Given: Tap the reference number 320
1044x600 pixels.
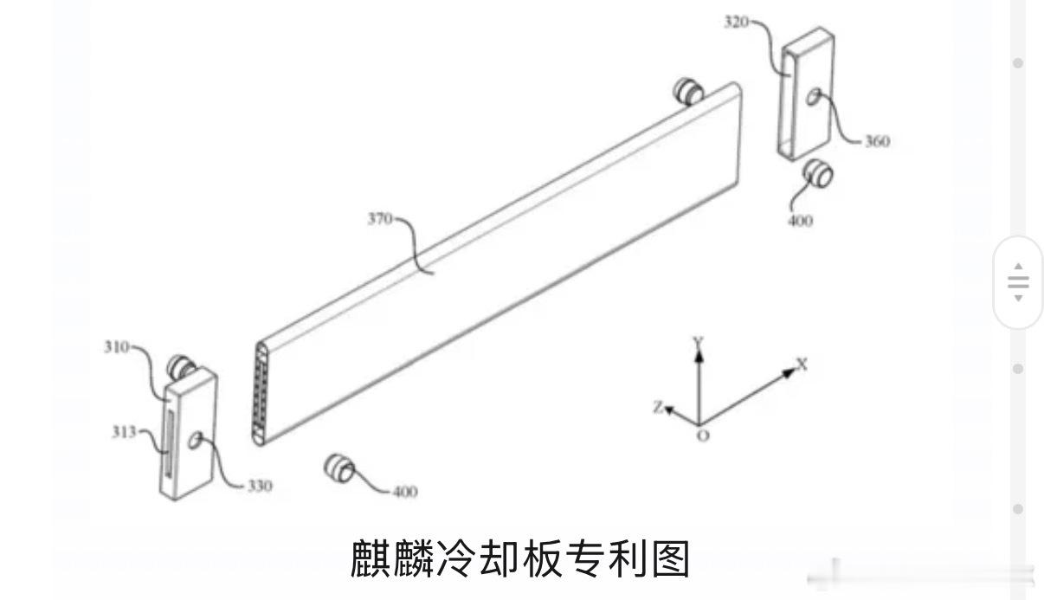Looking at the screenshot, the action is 737,22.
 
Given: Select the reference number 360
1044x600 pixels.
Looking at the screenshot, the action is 876,141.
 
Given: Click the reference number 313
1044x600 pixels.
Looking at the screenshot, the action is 123,432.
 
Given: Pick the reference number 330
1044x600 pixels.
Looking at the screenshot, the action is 259,486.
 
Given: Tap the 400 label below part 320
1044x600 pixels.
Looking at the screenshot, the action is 801,221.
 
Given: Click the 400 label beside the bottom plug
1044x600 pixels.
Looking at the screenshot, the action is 403,492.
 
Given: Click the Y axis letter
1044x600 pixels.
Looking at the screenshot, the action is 697,343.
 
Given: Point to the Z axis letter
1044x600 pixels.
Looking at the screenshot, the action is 659,407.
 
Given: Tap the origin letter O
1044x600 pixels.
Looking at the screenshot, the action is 702,435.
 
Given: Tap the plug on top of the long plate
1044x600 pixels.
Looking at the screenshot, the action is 690,91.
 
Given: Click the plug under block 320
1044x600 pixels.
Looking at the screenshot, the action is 817,174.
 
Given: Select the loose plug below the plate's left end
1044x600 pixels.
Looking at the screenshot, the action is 338,468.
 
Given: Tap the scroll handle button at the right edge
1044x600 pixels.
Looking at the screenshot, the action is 1018,282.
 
